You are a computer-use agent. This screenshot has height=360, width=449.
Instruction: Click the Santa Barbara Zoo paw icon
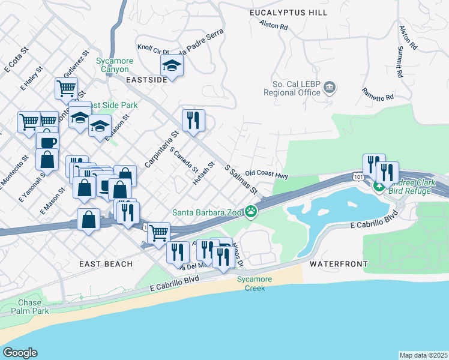252,211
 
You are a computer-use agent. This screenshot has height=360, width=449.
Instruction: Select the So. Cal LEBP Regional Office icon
330,89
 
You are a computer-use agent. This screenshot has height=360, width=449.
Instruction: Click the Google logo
20,352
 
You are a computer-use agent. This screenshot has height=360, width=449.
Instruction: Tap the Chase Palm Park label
29,307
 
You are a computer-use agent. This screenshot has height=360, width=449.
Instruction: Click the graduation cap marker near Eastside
172,66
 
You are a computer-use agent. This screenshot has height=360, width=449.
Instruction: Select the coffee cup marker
47,143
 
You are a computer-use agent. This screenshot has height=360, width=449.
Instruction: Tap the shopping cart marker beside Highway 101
158,233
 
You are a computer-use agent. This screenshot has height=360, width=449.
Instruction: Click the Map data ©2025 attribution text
423,355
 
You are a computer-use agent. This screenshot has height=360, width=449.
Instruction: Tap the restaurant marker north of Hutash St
193,121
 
